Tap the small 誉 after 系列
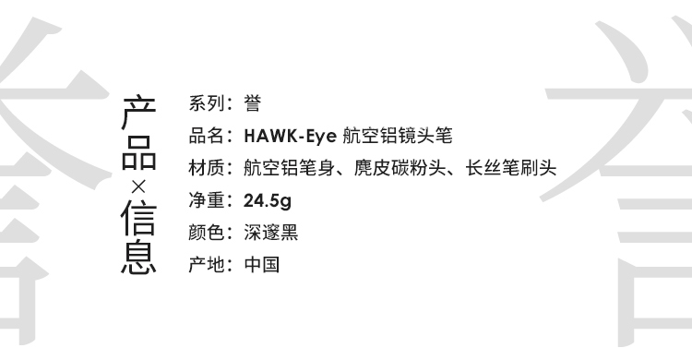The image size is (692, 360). pos(253,103)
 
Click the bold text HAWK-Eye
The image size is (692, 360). pos(290,136)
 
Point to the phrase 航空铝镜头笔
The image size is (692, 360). pos(398,136)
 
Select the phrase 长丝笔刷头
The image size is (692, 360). pos(511,168)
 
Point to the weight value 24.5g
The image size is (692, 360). pos(268,201)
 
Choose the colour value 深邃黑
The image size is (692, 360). pos(271,233)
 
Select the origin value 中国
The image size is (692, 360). pos(262,265)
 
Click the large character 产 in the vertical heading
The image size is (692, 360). pos(138,112)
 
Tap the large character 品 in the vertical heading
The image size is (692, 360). pos(138,153)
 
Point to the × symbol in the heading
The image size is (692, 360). pos(138,187)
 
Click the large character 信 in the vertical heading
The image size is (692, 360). pos(138,218)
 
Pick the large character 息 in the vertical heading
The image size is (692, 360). pos(138,257)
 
